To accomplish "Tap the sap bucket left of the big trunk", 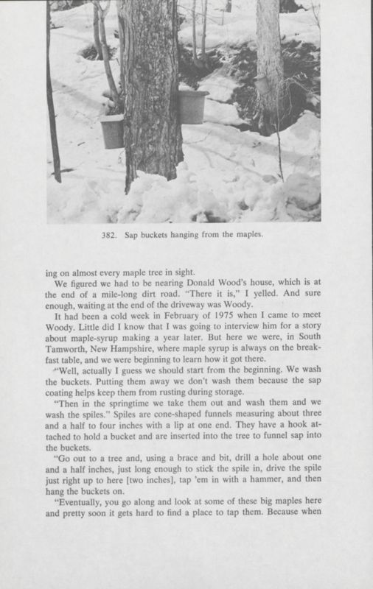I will pos(112,131).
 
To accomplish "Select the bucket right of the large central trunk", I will pos(193,106).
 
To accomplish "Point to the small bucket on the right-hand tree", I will pos(262,84).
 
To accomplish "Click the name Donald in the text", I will pos(225,288).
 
